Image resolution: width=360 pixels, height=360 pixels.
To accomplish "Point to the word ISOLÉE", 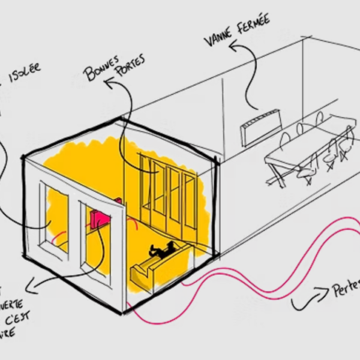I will (x=25, y=70).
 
